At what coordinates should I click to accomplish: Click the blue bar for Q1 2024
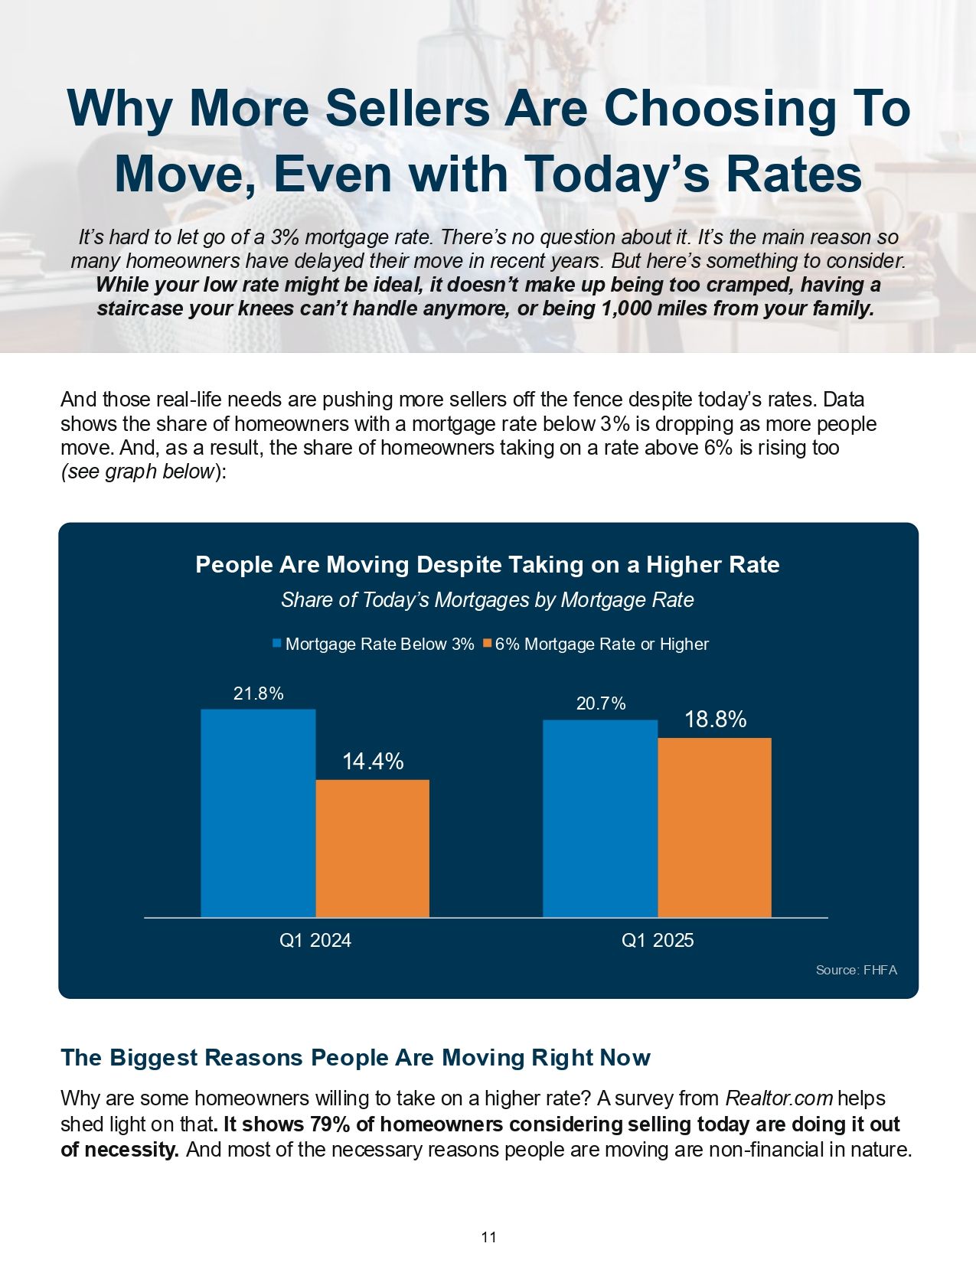click(258, 813)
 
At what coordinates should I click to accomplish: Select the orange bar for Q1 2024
click(372, 848)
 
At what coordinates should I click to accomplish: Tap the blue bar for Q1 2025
click(600, 818)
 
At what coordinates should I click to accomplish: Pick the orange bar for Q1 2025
click(714, 827)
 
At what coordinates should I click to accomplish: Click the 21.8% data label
click(258, 694)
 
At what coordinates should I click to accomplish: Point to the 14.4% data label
click(373, 762)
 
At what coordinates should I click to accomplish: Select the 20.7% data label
click(601, 703)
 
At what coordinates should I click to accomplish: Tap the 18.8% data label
click(715, 720)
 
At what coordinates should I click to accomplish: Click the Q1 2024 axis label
click(315, 941)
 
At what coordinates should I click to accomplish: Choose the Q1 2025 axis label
click(658, 941)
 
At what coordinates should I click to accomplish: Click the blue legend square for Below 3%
click(277, 644)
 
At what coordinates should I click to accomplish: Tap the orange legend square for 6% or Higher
click(487, 644)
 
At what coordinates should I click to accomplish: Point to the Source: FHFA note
click(856, 971)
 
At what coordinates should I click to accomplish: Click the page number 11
click(488, 1237)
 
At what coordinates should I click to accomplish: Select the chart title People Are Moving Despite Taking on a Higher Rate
click(488, 565)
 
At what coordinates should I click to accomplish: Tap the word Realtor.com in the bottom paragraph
click(779, 1099)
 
